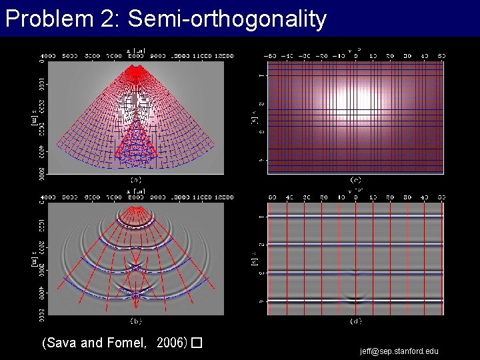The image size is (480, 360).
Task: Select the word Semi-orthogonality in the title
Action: [227, 19]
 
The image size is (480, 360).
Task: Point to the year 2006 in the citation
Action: [171, 343]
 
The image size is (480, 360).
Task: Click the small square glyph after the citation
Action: [196, 343]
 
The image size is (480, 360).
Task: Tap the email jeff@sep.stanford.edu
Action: [399, 351]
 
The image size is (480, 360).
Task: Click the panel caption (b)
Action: [135, 321]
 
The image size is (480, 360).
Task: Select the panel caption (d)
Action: [355, 321]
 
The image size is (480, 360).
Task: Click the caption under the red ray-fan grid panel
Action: [135, 180]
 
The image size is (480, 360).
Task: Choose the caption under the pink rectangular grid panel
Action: [355, 180]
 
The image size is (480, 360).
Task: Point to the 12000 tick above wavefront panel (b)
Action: [222, 197]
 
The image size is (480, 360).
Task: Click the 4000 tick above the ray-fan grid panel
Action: [51, 57]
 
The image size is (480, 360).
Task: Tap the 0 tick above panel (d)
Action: [355, 197]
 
